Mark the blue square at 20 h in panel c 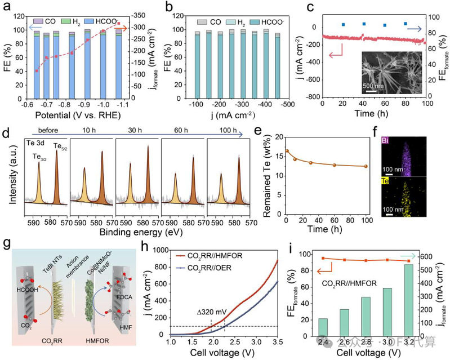point(344,25)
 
